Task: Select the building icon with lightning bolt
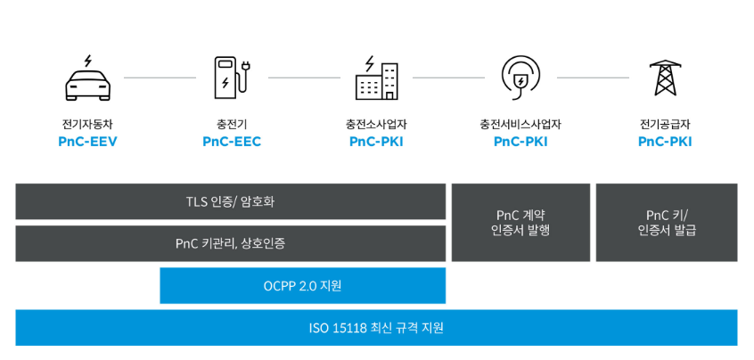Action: point(376,78)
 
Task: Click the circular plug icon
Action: point(520,78)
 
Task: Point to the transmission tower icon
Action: point(665,78)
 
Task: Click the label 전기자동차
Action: point(87,124)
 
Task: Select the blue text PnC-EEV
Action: point(87,142)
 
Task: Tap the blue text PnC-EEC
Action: point(232,142)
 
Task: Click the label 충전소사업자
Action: point(376,124)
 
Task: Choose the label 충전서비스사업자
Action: point(520,124)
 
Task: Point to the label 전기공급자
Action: point(665,124)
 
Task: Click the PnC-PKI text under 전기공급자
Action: point(665,142)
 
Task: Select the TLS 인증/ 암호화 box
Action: point(230,201)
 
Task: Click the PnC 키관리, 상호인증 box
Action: point(230,243)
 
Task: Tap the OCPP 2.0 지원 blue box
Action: point(302,286)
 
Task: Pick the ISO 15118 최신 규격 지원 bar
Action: point(376,328)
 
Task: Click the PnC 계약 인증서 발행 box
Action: point(520,223)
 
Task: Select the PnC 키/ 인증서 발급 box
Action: point(666,223)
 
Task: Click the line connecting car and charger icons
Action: point(160,78)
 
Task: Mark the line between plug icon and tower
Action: point(593,78)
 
